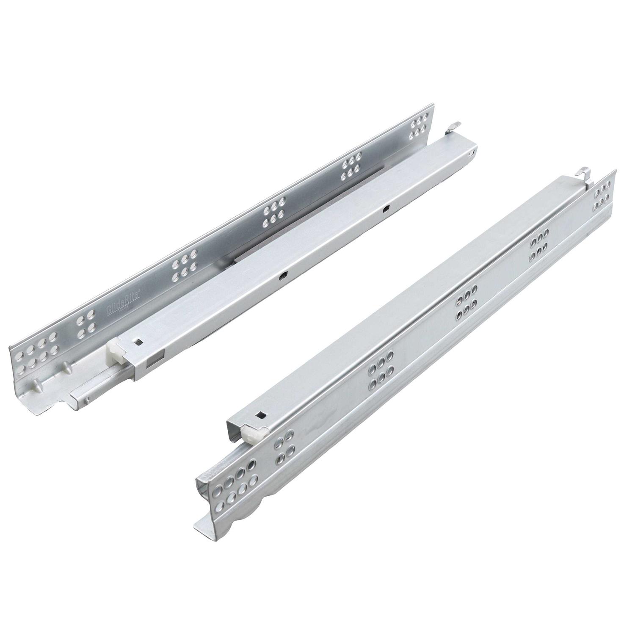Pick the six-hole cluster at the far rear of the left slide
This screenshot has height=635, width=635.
pyautogui.click(x=419, y=125)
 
